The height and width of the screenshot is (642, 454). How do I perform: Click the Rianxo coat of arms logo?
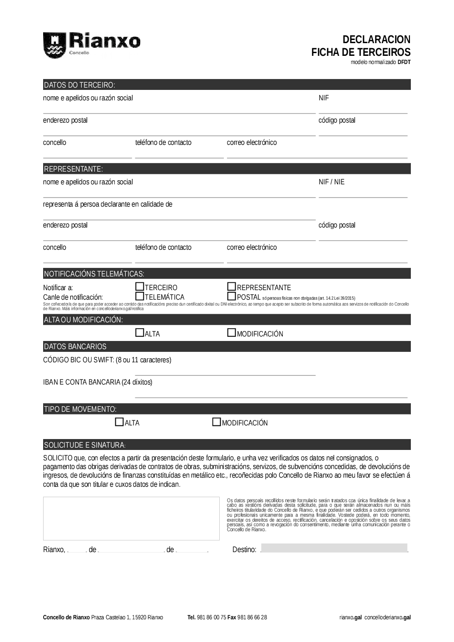(54, 45)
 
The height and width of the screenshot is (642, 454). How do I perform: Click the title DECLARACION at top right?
(376, 40)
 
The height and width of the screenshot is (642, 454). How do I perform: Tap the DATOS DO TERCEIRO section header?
(79, 85)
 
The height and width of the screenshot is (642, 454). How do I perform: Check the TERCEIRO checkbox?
(140, 286)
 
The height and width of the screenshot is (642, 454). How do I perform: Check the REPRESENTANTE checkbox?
(232, 286)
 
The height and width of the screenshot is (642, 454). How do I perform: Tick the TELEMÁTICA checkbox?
(140, 296)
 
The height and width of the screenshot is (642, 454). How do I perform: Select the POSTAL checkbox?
(232, 296)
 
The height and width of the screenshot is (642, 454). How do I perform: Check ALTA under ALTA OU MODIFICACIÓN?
(140, 333)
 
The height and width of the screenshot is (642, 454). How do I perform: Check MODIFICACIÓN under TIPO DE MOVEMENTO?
(217, 422)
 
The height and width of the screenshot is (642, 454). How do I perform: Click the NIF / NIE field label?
(331, 182)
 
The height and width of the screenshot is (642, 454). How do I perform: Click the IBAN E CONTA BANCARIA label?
(98, 382)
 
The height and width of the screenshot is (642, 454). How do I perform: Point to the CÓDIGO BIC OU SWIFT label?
(107, 360)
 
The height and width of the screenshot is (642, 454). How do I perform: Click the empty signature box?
(131, 519)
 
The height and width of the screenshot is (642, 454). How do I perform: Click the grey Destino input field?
(334, 548)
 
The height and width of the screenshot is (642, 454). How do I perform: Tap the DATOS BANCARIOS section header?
(75, 347)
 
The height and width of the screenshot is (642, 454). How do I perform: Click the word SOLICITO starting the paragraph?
(58, 458)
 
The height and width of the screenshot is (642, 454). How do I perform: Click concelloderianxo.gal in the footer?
(388, 617)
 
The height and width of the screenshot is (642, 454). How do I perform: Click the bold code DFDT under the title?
(404, 62)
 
